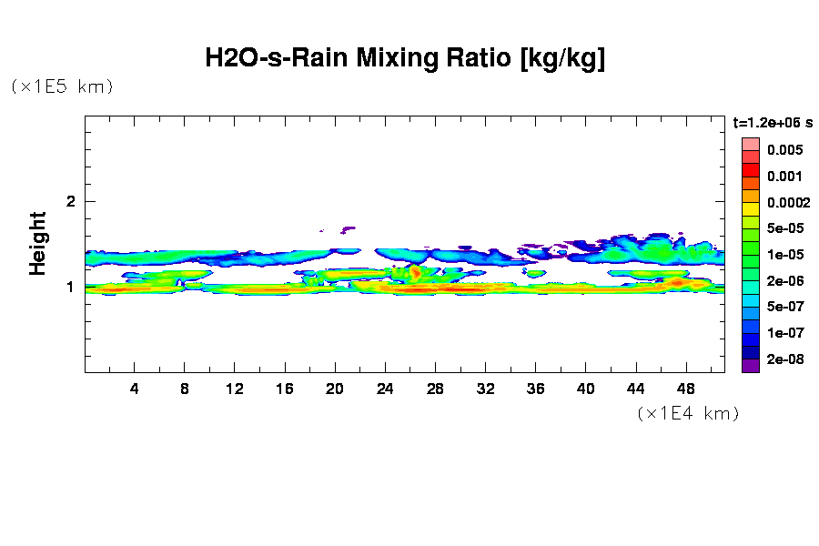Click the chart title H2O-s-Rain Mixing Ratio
(x=405, y=59)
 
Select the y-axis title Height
(x=37, y=243)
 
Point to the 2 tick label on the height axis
(x=71, y=201)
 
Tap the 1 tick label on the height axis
(x=71, y=287)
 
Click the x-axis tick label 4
(x=135, y=389)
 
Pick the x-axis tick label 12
(x=235, y=389)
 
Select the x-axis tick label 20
(x=335, y=389)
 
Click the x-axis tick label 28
(x=435, y=389)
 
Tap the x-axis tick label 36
(x=535, y=389)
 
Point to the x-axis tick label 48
(x=685, y=389)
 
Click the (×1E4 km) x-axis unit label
(x=687, y=414)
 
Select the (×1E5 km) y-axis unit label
(x=62, y=87)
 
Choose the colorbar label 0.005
(x=784, y=150)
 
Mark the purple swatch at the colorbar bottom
(x=750, y=366)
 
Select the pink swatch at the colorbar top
(x=750, y=144)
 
